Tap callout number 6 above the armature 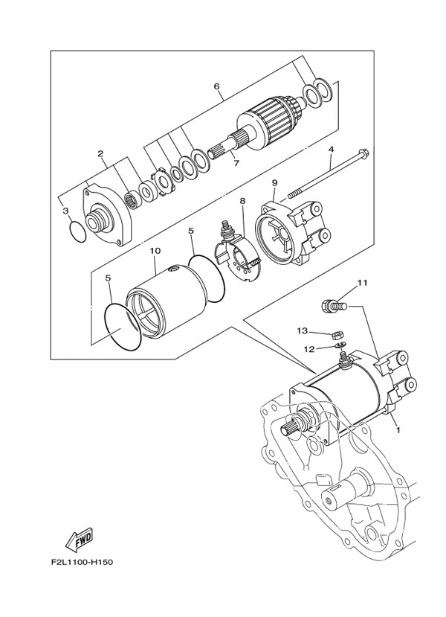pyautogui.click(x=216, y=86)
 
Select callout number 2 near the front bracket pyautogui.click(x=100, y=153)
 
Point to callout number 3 pyautogui.click(x=65, y=211)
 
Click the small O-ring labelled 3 pyautogui.click(x=77, y=231)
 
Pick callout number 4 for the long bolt pyautogui.click(x=331, y=150)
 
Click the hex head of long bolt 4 pyautogui.click(x=364, y=153)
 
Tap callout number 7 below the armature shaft pyautogui.click(x=236, y=163)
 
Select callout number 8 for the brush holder pyautogui.click(x=242, y=201)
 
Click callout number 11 pyautogui.click(x=362, y=283)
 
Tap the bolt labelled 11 pyautogui.click(x=334, y=306)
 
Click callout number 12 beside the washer pyautogui.click(x=309, y=349)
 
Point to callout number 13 pyautogui.click(x=303, y=331)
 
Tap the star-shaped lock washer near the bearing pyautogui.click(x=163, y=182)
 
